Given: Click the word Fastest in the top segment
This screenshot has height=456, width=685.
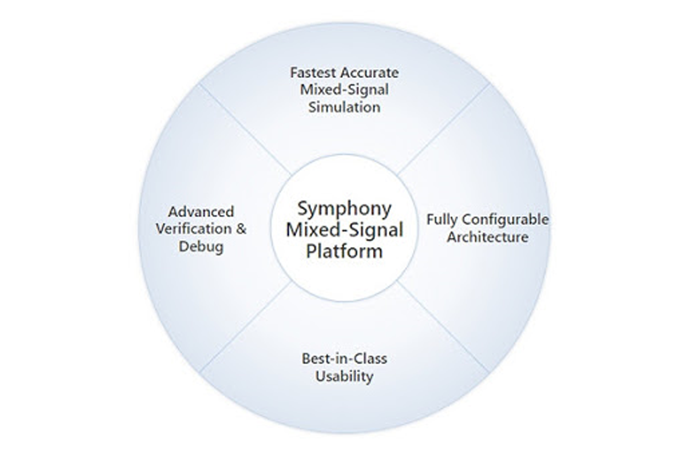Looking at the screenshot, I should (313, 73).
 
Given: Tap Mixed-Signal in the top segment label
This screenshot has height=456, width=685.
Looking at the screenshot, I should (344, 90).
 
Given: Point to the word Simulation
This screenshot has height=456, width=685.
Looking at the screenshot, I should (344, 107).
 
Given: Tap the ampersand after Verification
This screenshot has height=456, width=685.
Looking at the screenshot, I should (241, 228).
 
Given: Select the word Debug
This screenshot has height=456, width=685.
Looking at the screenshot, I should (201, 247).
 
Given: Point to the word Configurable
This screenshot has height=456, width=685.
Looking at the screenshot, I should (505, 220).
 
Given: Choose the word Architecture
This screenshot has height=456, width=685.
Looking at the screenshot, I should (487, 237).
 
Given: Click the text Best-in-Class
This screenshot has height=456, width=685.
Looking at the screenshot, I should (344, 359).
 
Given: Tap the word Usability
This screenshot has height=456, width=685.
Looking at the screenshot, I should (344, 377).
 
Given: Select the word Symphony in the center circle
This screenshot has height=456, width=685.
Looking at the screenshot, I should (344, 209).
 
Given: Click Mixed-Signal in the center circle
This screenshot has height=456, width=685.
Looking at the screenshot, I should (344, 229).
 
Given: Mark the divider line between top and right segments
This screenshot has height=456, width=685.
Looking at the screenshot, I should (444, 128).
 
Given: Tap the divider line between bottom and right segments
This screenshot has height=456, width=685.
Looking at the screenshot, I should (444, 328).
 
